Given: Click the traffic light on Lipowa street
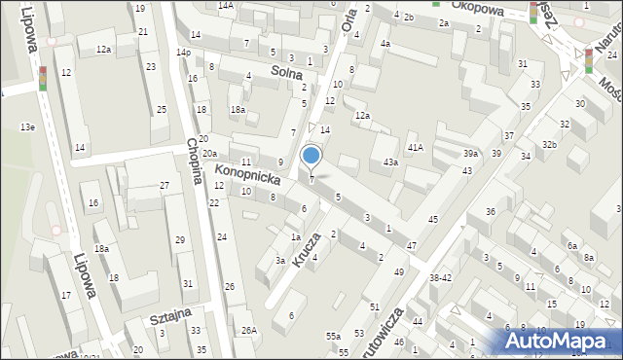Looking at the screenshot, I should click(x=42, y=77).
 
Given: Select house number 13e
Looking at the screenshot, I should click(x=27, y=127).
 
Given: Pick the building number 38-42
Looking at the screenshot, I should click(x=440, y=277).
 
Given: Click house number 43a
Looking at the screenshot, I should click(x=390, y=162).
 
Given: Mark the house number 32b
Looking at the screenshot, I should click(x=550, y=145).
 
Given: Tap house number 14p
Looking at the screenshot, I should click(x=183, y=52).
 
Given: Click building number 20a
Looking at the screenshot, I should click(x=209, y=154).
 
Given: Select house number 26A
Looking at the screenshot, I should click(x=249, y=331).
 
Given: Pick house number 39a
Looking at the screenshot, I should click(x=471, y=154).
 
